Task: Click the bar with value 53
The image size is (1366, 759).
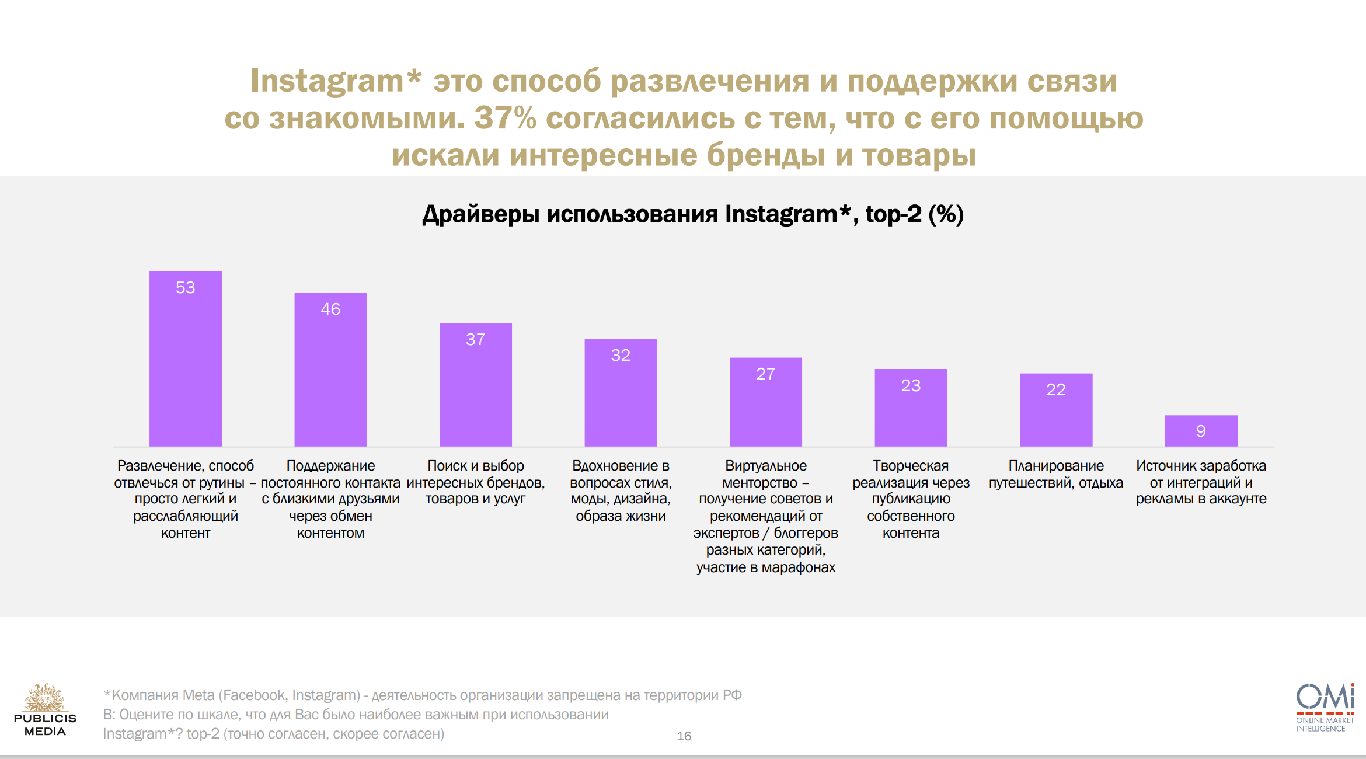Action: pos(186,359)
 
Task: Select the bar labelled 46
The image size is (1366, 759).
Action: pos(330,370)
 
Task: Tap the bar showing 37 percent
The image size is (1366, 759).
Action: pos(475,385)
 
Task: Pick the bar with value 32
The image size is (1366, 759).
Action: pos(621,393)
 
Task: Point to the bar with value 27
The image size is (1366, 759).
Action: pos(765,402)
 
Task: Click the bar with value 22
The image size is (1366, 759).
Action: pos(1055,410)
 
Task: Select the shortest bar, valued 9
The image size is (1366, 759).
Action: pos(1201,431)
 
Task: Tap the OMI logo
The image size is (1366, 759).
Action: pos(1325,707)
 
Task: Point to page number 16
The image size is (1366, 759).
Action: pos(684,736)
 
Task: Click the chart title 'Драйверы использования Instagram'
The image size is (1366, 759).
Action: pos(692,214)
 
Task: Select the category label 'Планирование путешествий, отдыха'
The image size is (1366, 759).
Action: pos(1055,474)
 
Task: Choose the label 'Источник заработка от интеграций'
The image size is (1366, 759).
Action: pos(1201,482)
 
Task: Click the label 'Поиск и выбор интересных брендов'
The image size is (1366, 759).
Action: pos(475,482)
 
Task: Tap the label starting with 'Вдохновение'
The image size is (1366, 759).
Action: pos(621,490)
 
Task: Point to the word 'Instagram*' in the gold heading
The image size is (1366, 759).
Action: pos(336,81)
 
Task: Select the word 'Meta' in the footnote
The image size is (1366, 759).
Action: pos(198,695)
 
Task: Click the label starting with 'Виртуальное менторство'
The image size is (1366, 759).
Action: pos(765,516)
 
